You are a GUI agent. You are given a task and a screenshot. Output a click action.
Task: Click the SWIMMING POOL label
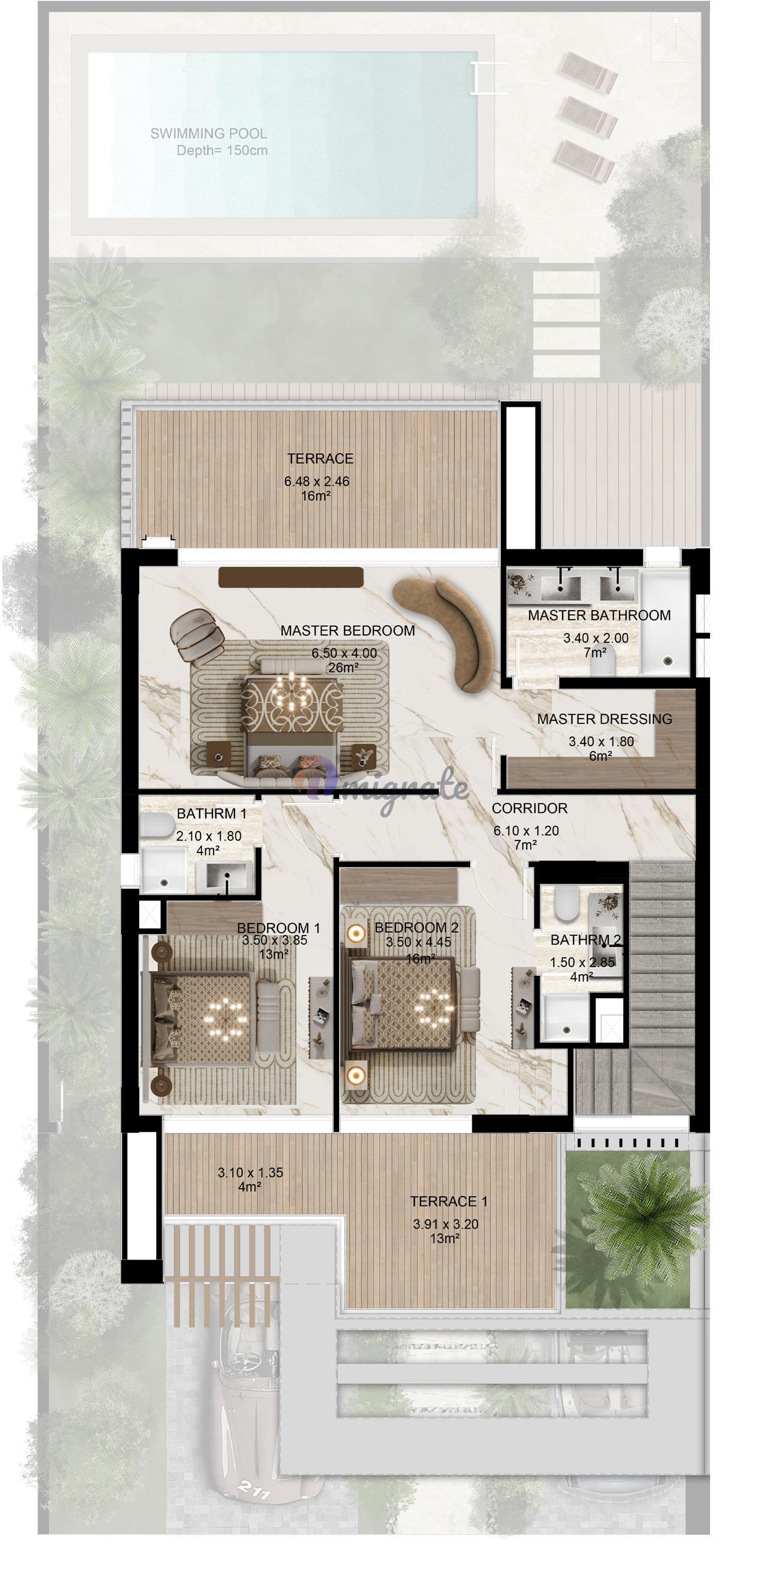click(208, 133)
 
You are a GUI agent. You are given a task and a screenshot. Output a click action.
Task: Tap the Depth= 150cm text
click(222, 150)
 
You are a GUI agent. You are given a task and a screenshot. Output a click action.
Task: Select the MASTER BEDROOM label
click(347, 631)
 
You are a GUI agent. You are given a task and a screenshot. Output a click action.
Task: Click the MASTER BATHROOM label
click(599, 615)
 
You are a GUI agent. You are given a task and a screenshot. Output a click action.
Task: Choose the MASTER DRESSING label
click(604, 719)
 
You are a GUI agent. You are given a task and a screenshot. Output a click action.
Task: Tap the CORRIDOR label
click(530, 808)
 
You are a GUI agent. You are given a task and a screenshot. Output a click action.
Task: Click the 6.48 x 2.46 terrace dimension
click(316, 481)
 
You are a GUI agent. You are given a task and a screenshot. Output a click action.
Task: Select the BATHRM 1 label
click(211, 814)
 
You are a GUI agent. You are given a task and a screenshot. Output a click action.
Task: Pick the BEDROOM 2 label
click(417, 927)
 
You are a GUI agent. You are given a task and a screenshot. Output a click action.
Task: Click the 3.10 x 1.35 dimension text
click(250, 1173)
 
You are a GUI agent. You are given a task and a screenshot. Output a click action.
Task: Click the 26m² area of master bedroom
click(343, 668)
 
